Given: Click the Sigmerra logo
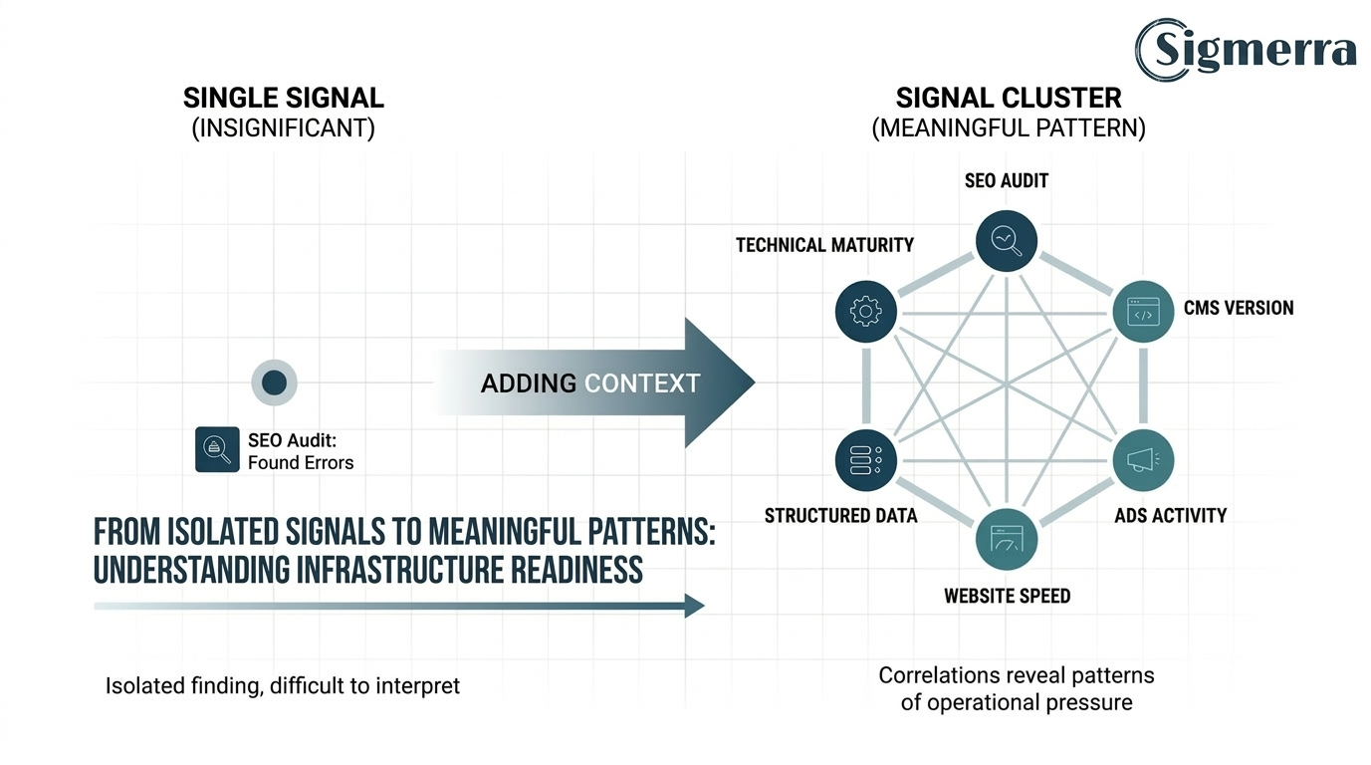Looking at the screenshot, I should tap(1246, 49).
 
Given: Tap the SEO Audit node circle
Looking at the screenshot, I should tap(1007, 240).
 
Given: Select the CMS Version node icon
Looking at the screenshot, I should tap(1143, 313).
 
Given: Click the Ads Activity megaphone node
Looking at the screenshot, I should tap(1143, 460).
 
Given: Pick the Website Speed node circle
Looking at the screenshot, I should tap(1007, 540).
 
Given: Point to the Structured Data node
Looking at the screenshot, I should tap(866, 460).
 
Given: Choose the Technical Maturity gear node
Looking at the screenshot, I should tap(866, 312).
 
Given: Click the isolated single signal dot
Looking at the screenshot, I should tap(274, 382).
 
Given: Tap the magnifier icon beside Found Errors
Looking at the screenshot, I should tap(217, 449).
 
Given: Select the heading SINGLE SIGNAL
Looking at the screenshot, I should tap(284, 99).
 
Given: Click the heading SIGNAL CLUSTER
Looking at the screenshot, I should tap(1008, 99).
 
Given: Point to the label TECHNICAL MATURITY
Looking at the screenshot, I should tap(824, 245).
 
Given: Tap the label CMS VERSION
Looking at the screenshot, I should tap(1238, 308).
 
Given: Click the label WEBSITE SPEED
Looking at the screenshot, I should tap(1007, 597).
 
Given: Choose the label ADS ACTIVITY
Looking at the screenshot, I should tap(1170, 516).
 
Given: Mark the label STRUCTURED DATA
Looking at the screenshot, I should tap(840, 516).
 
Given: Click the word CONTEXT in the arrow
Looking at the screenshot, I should tap(642, 383).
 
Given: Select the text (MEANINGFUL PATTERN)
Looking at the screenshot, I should tap(1008, 128).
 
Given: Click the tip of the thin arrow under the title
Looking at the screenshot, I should tap(701, 606).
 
